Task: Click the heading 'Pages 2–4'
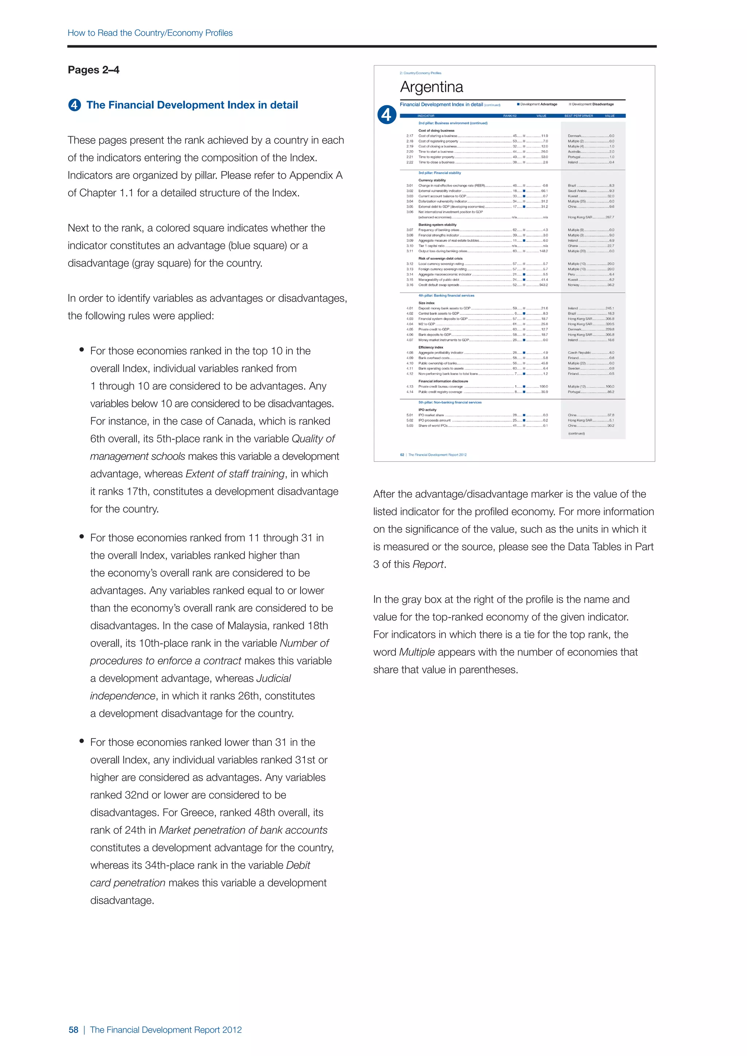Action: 93,70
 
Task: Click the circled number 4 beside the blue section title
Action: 74,105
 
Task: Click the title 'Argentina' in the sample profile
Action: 431,87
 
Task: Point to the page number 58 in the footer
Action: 74,1030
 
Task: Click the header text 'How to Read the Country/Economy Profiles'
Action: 150,33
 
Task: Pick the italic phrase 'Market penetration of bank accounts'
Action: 243,830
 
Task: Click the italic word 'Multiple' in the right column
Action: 417,652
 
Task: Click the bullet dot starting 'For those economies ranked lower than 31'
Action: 82,741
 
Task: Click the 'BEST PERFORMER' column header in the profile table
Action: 578,116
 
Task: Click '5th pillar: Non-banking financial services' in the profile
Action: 450,403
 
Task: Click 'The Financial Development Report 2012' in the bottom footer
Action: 166,1030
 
